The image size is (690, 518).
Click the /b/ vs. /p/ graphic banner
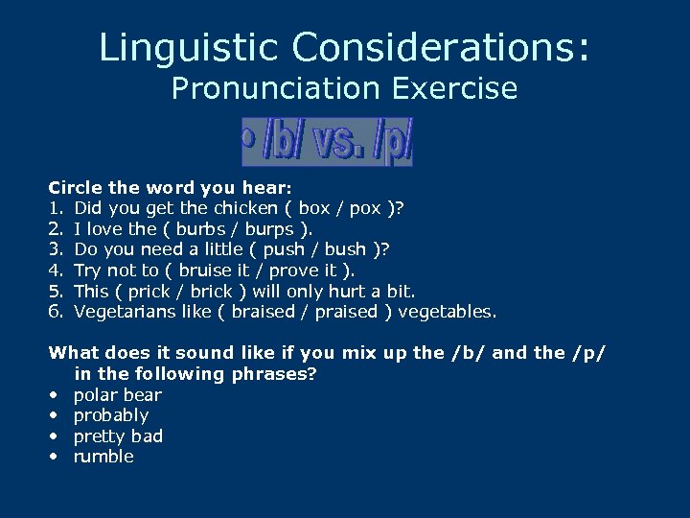coord(327,142)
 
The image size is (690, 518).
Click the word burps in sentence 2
coord(270,229)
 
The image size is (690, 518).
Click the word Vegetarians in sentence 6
coord(123,312)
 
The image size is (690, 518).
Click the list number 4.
coord(55,271)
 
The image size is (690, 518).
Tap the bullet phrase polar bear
coord(118,395)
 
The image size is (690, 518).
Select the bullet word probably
coord(111,415)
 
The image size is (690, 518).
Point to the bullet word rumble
coord(103,457)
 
